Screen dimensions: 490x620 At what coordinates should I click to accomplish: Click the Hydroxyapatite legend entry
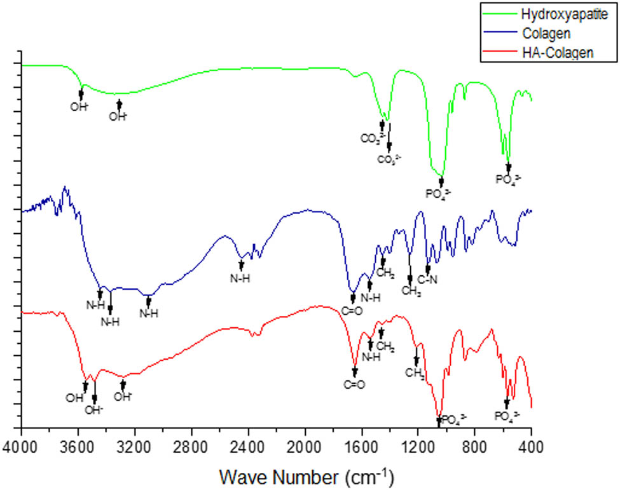pos(554,13)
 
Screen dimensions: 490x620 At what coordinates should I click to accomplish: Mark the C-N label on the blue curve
pos(427,280)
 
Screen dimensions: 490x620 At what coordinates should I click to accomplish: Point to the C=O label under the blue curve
pos(352,311)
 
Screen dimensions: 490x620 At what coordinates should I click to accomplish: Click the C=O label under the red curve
pos(354,384)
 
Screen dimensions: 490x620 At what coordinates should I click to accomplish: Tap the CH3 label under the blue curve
pos(411,291)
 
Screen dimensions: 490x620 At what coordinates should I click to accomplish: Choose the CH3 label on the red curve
pos(415,374)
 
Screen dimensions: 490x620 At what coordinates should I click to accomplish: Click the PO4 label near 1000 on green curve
pos(441,193)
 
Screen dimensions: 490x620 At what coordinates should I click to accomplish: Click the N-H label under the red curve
pos(371,357)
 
